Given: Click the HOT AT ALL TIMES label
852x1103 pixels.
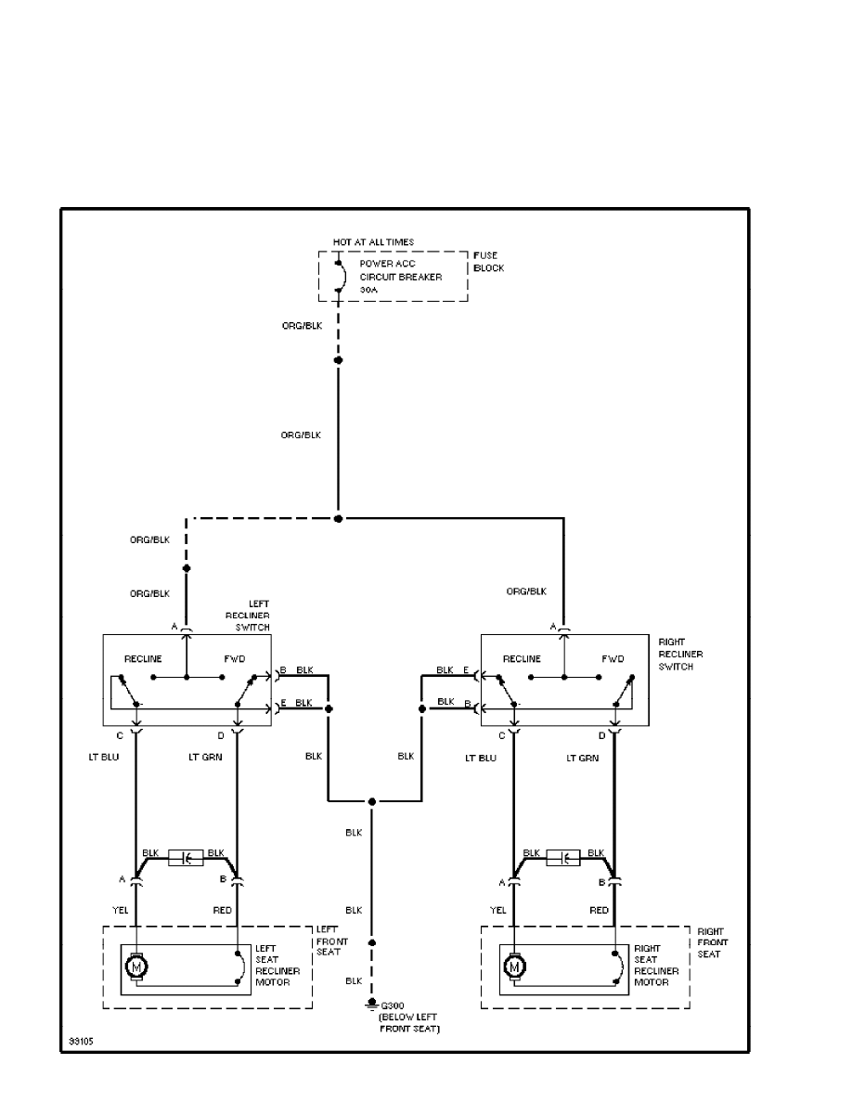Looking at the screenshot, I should pyautogui.click(x=373, y=242).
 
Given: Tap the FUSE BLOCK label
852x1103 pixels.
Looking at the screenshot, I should pyautogui.click(x=488, y=261).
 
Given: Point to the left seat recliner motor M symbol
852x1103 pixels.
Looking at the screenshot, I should pyautogui.click(x=136, y=967).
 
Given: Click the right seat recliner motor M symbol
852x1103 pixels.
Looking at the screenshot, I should pyautogui.click(x=513, y=967).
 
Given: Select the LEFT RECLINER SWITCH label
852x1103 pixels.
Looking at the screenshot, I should pyautogui.click(x=248, y=616).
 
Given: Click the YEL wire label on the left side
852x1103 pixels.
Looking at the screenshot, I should pyautogui.click(x=122, y=911).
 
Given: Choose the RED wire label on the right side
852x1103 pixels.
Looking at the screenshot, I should pyautogui.click(x=600, y=911).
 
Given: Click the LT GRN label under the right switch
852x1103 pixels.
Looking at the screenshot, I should pyautogui.click(x=583, y=759).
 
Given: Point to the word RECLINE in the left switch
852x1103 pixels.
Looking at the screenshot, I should pyautogui.click(x=143, y=659).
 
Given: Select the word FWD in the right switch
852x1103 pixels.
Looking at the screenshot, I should pyautogui.click(x=613, y=659).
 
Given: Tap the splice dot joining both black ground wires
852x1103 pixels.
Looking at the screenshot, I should pyautogui.click(x=371, y=801).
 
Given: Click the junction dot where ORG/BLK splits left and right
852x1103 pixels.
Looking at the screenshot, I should pyautogui.click(x=338, y=518).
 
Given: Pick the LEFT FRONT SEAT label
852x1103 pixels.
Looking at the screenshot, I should pyautogui.click(x=332, y=941).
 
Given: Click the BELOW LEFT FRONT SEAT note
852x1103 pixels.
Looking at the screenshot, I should pyautogui.click(x=409, y=1023).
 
